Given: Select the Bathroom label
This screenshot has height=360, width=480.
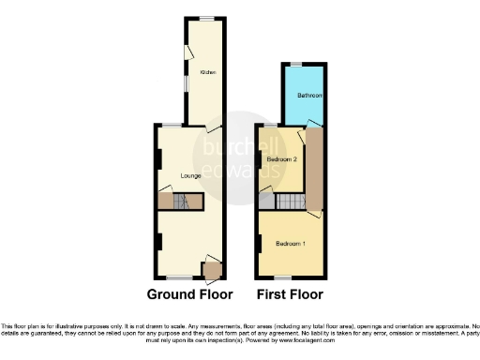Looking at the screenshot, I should (310, 96).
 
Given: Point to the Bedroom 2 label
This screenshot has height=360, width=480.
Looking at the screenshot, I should (281, 159).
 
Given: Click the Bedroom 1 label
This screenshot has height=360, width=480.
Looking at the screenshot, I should (290, 244).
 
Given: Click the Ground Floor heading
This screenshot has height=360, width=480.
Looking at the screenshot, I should (190, 294).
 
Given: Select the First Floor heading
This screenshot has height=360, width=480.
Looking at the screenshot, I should (291, 294).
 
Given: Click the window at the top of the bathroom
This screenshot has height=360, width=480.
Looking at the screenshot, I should (296, 64).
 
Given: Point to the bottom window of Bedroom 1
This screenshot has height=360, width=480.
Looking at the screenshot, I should (279, 277).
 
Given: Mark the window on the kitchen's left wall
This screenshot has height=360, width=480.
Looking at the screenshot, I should (185, 81).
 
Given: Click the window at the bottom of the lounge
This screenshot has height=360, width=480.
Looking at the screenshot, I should (174, 277).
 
